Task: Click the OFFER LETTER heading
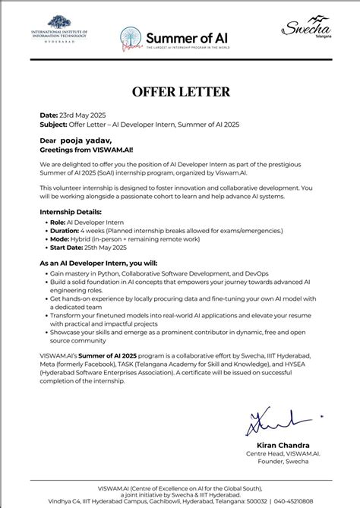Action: click(180, 93)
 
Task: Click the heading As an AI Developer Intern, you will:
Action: click(107, 262)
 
